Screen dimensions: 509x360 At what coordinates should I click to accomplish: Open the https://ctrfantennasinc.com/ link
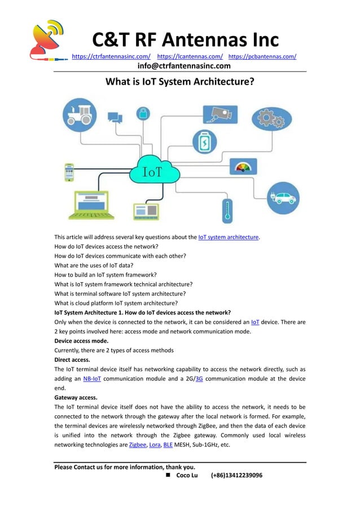(x=111, y=56)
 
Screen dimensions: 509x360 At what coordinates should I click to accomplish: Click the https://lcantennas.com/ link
(x=190, y=56)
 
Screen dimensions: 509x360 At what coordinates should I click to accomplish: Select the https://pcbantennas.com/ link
(x=262, y=56)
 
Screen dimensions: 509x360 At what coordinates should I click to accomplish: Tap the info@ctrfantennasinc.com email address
(x=184, y=66)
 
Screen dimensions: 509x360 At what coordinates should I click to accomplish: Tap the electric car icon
(x=283, y=198)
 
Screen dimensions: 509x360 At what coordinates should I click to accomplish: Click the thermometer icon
(x=227, y=209)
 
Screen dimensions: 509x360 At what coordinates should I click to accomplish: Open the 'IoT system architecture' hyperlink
(x=229, y=237)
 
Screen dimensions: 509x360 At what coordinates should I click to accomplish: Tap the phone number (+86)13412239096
(x=236, y=476)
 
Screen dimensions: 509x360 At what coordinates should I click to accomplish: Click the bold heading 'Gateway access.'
(x=76, y=397)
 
